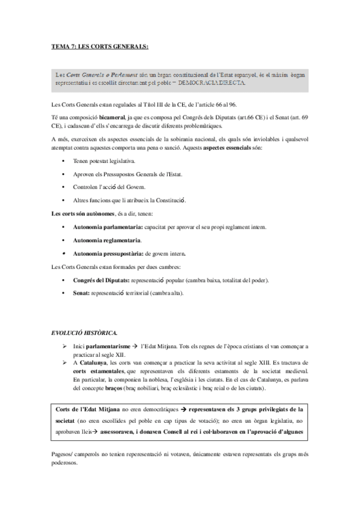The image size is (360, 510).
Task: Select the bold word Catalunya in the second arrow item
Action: [x=91, y=362]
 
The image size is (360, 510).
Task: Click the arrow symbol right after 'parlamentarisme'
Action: [x=136, y=347]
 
